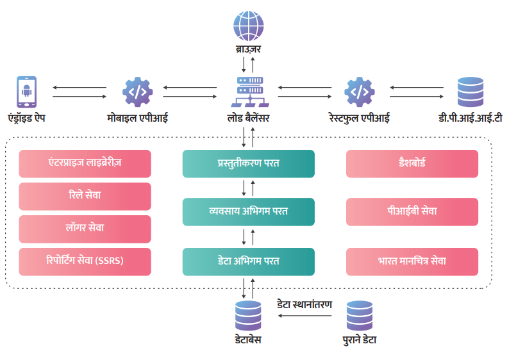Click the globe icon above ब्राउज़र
[x=248, y=26]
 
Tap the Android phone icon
[x=26, y=92]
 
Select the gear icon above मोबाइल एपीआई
[x=137, y=92]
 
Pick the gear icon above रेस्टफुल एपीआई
[x=359, y=92]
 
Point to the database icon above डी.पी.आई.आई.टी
[x=470, y=92]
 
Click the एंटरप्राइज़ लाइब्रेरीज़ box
[x=85, y=163]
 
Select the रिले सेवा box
[x=85, y=196]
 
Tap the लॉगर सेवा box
[x=85, y=229]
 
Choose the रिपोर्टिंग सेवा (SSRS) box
[x=85, y=261]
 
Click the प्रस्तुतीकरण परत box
[x=248, y=163]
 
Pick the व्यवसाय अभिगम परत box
[x=248, y=211]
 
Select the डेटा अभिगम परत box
[x=248, y=261]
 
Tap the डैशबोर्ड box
[x=412, y=163]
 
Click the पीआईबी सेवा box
[x=412, y=211]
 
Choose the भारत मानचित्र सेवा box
[x=412, y=261]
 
